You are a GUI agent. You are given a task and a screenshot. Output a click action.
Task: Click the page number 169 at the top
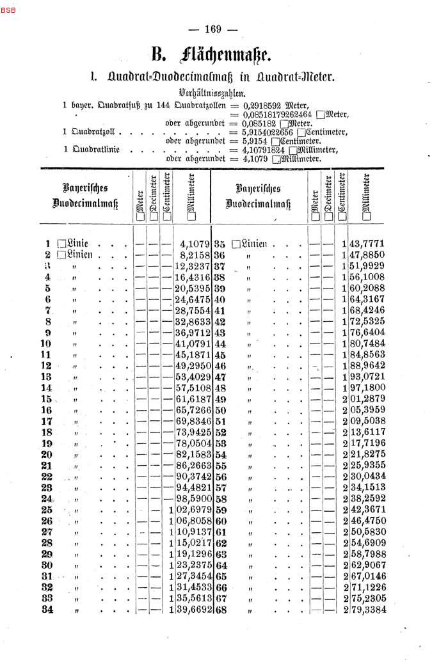pyautogui.click(x=213, y=29)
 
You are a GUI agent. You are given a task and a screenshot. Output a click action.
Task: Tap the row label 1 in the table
pyautogui.click(x=48, y=243)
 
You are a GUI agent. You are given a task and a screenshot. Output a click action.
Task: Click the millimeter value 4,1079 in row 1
pyautogui.click(x=195, y=244)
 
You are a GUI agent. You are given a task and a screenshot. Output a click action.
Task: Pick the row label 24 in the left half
pyautogui.click(x=47, y=498)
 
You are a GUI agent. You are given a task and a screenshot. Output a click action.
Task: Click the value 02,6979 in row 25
pyautogui.click(x=193, y=510)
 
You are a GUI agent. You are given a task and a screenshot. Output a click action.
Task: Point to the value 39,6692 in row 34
pyautogui.click(x=193, y=610)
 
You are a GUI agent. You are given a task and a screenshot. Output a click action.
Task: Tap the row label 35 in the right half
pyautogui.click(x=221, y=244)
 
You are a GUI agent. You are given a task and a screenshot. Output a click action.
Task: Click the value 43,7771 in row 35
pyautogui.click(x=368, y=244)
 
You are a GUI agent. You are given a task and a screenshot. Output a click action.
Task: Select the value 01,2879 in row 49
pyautogui.click(x=368, y=399)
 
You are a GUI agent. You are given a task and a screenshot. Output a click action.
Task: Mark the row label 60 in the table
pyautogui.click(x=221, y=521)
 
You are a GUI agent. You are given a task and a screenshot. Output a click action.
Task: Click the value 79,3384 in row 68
pyautogui.click(x=368, y=610)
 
